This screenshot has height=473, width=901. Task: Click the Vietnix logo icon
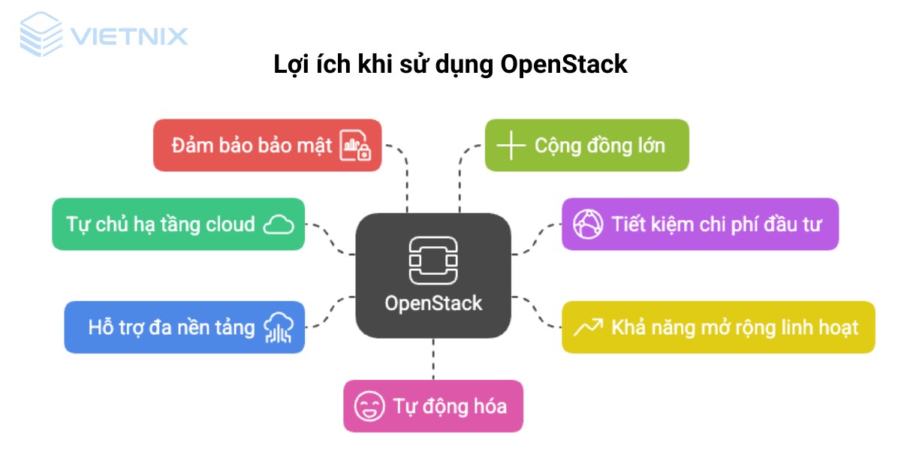coord(41,35)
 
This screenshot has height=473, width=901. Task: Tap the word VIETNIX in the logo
coord(128,35)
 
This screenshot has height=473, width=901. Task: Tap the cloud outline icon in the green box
coord(279,224)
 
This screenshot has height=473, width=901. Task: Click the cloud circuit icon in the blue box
coord(278,327)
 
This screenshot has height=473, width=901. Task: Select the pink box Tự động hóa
coord(432,406)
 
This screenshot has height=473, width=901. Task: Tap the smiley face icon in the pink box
coord(369,407)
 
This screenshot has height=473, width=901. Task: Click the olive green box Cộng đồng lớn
coord(586,145)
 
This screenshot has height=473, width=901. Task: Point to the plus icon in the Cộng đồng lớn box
coord(511,145)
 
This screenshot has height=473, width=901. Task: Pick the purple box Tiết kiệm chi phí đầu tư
coord(700,224)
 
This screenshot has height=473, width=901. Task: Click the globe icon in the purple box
coord(588,224)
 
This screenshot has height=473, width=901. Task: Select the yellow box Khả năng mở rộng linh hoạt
coord(718,327)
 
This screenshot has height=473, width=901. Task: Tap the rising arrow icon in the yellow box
coord(588,327)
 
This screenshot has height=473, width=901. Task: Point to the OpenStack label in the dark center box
coord(433,303)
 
